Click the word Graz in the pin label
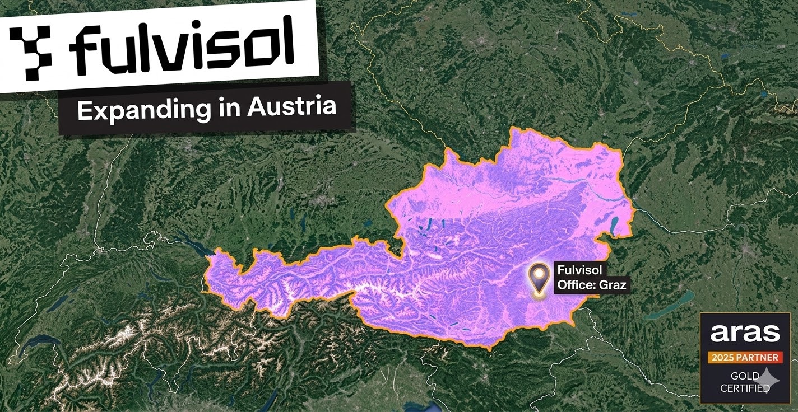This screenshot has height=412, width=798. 613,285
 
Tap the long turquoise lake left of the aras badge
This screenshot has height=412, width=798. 670,306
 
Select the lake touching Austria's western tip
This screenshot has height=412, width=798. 193,248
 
